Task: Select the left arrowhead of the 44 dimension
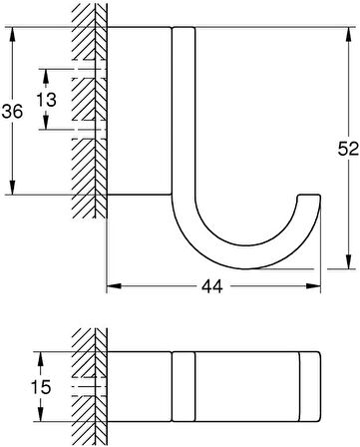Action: tap(111, 284)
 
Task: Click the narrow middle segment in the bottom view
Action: tap(185, 385)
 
